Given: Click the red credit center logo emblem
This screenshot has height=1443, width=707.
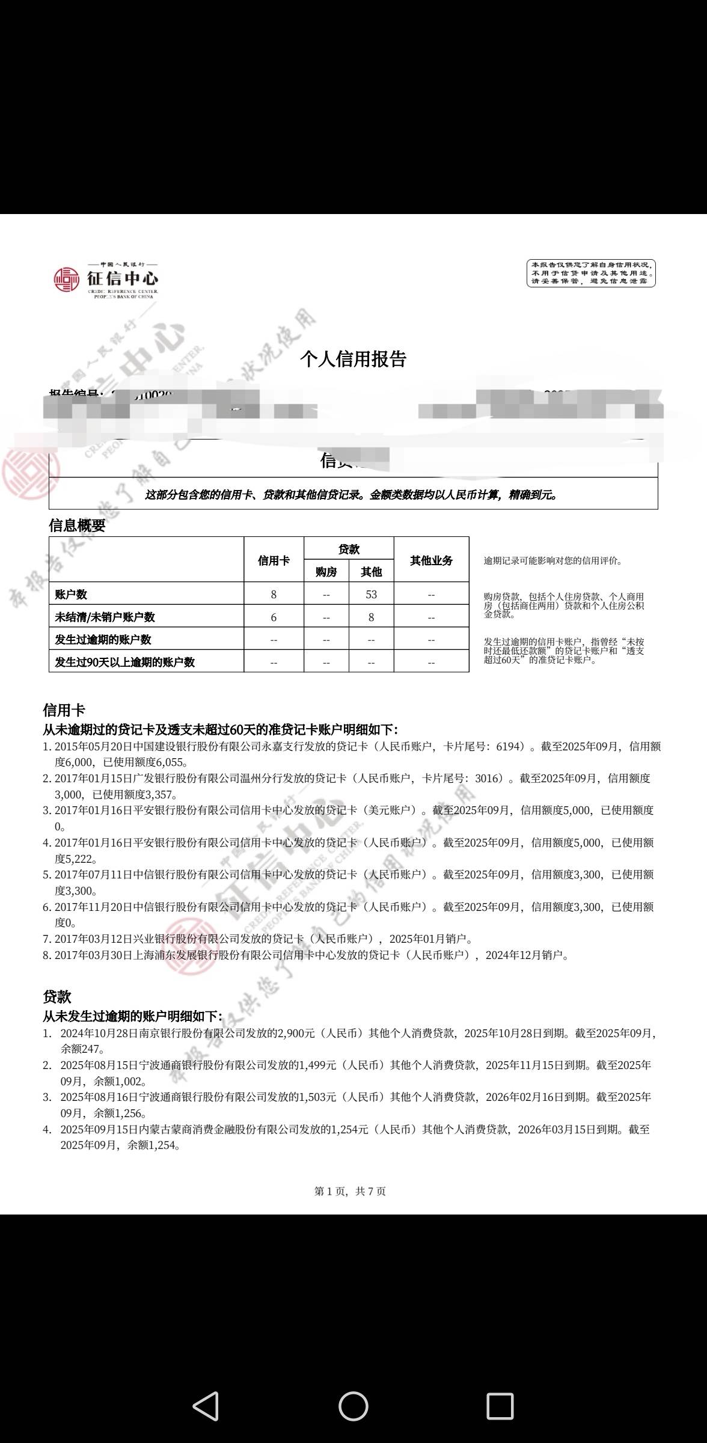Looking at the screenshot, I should pos(66,279).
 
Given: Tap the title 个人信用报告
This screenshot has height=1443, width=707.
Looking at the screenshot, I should pos(353,359).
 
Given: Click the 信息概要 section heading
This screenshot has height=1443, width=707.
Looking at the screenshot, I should pos(77,525).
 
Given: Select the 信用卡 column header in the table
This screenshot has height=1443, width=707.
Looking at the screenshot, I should pos(274,560).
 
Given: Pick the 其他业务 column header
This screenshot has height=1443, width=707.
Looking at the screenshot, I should pos(431,560).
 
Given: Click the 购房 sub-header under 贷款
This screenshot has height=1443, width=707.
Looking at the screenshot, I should pos(326,572).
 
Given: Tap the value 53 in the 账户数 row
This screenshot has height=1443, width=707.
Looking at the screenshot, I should pos(371,595).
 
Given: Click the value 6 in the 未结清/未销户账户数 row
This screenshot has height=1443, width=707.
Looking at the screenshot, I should pos(274,617).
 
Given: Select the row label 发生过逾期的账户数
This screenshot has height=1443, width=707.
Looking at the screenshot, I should pos(103,640).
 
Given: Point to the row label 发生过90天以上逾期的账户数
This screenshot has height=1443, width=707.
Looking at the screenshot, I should pos(124,663).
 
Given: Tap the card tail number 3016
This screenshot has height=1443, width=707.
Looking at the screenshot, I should pos(488,779).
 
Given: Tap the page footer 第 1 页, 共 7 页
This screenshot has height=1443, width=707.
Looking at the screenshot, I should pos(350,1191).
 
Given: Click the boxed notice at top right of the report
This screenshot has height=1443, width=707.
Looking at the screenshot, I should pos(591,273).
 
